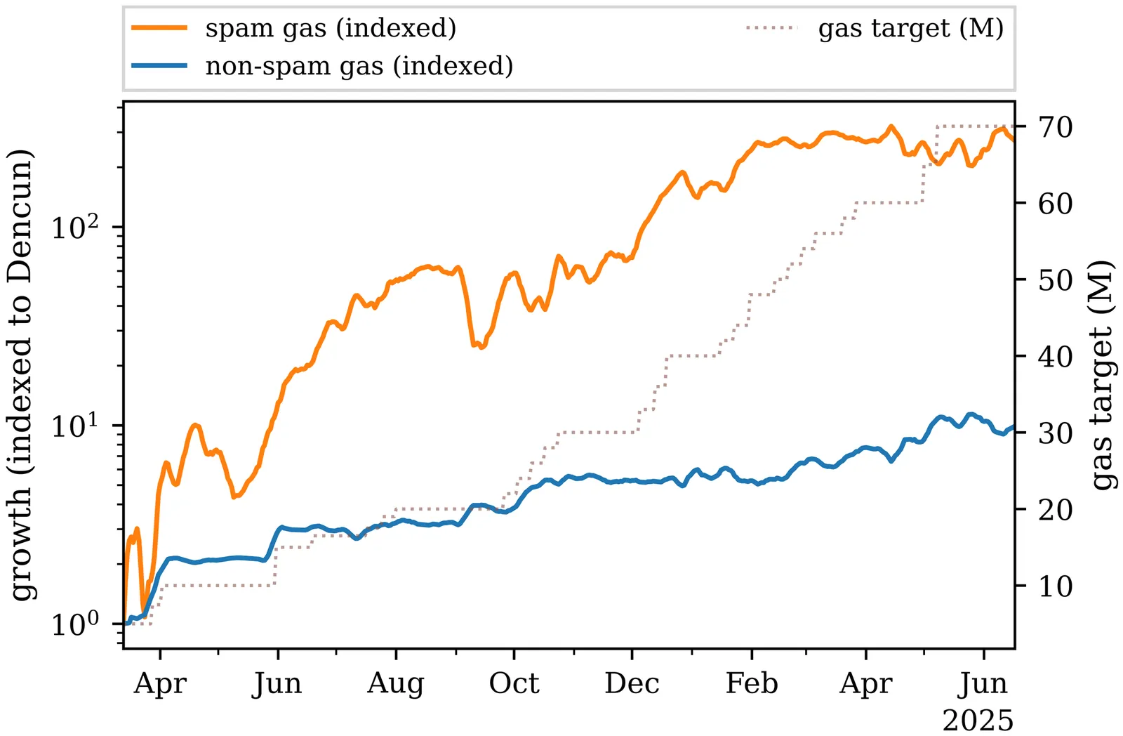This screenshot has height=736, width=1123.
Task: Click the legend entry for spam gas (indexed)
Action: coord(331,28)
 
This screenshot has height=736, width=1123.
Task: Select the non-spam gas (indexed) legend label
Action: coord(359,66)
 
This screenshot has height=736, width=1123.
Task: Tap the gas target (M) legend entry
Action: coord(911,28)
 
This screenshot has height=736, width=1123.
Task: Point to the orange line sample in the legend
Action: coord(159,28)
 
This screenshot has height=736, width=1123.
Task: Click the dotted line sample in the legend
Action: coord(772,28)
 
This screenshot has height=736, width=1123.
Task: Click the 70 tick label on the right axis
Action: coord(1056,127)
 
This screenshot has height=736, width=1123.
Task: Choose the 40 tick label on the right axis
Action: coord(1056,357)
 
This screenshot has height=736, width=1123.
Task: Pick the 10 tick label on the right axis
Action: coord(1056,586)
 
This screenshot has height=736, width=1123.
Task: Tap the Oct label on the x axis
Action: coord(514,683)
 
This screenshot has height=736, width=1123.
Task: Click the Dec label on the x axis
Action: coord(632,683)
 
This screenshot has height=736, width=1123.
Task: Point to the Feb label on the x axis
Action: coord(752,683)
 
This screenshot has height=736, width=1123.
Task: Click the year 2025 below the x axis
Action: coord(978,721)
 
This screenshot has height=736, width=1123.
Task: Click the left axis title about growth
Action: coord(21,375)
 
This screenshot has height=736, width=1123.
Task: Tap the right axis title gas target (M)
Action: coord(1102,375)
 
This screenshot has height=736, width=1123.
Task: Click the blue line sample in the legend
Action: coord(159,66)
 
